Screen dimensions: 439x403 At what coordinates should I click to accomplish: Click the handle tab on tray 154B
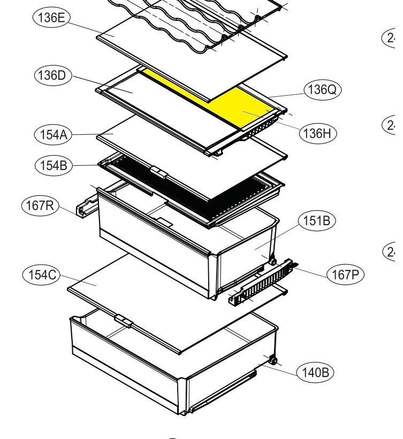[x=158, y=171]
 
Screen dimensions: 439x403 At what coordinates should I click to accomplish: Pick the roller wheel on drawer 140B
[x=273, y=361]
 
